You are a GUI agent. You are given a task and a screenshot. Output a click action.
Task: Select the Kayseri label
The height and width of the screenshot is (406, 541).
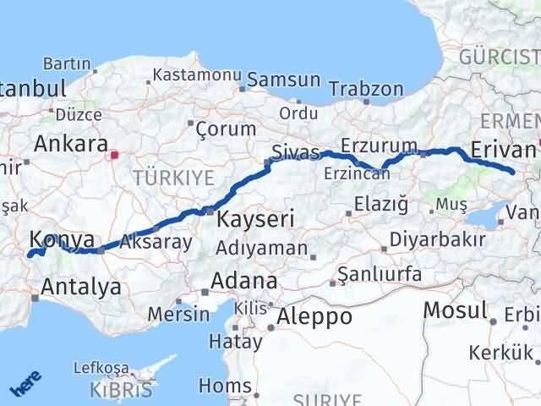tap(255, 220)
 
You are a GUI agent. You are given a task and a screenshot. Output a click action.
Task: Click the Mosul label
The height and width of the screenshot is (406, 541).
tap(456, 310)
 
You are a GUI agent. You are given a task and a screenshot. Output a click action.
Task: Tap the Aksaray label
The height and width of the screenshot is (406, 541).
tap(156, 242)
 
